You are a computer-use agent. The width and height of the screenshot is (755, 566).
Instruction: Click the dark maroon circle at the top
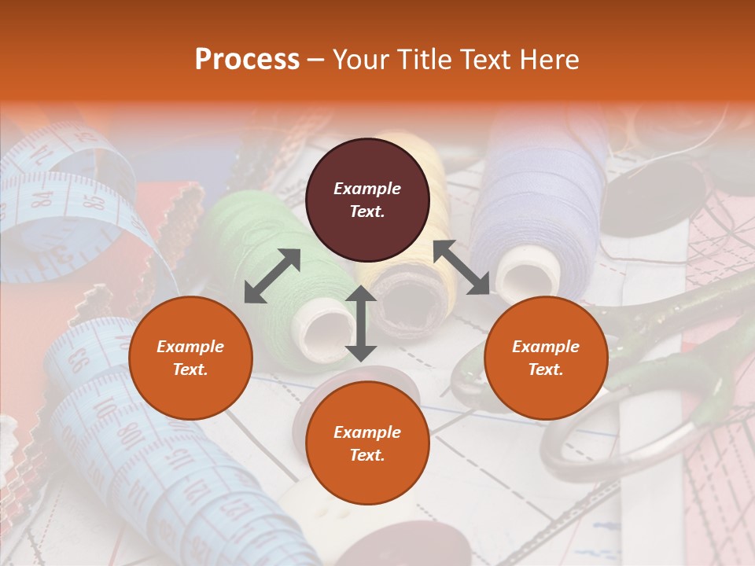pyautogui.click(x=367, y=200)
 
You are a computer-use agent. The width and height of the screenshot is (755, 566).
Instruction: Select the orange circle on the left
pyautogui.click(x=190, y=358)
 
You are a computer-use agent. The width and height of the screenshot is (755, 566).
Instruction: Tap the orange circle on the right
pyautogui.click(x=546, y=358)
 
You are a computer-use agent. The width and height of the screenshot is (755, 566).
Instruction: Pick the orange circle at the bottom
pyautogui.click(x=367, y=443)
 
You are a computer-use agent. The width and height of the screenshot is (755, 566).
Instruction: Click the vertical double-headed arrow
pyautogui.click(x=361, y=323)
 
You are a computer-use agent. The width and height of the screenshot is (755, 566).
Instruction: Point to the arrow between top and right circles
pyautogui.click(x=461, y=267)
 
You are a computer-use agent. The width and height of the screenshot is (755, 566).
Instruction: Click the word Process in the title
pyautogui.click(x=247, y=60)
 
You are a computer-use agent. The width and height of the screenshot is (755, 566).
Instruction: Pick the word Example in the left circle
pyautogui.click(x=190, y=347)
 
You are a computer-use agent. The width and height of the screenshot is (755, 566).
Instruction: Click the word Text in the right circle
pyautogui.click(x=544, y=369)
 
